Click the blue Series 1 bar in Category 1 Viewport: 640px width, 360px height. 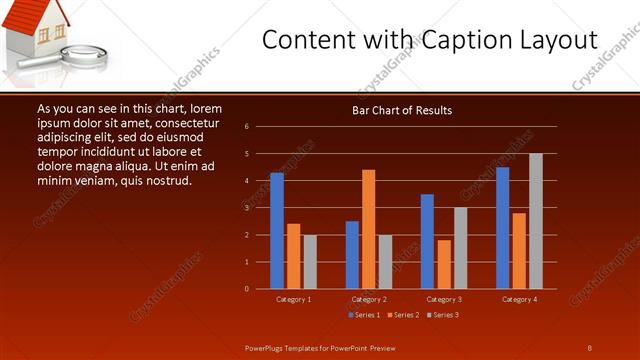point(277,231)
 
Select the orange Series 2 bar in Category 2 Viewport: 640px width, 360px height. point(369,229)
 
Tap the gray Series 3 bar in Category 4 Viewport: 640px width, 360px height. point(536,221)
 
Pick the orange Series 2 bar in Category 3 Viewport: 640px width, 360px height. point(444,264)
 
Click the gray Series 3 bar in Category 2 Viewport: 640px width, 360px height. point(385,262)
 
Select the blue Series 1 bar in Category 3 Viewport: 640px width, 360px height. point(427,241)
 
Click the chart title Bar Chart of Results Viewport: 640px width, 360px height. point(402,110)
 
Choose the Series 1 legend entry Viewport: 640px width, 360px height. point(364,315)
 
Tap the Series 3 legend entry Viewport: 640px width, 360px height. point(442,315)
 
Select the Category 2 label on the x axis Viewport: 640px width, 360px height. point(369,299)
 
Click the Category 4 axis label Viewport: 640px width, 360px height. point(519,299)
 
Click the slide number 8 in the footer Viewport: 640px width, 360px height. point(589,347)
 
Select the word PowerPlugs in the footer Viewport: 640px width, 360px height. point(267,347)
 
